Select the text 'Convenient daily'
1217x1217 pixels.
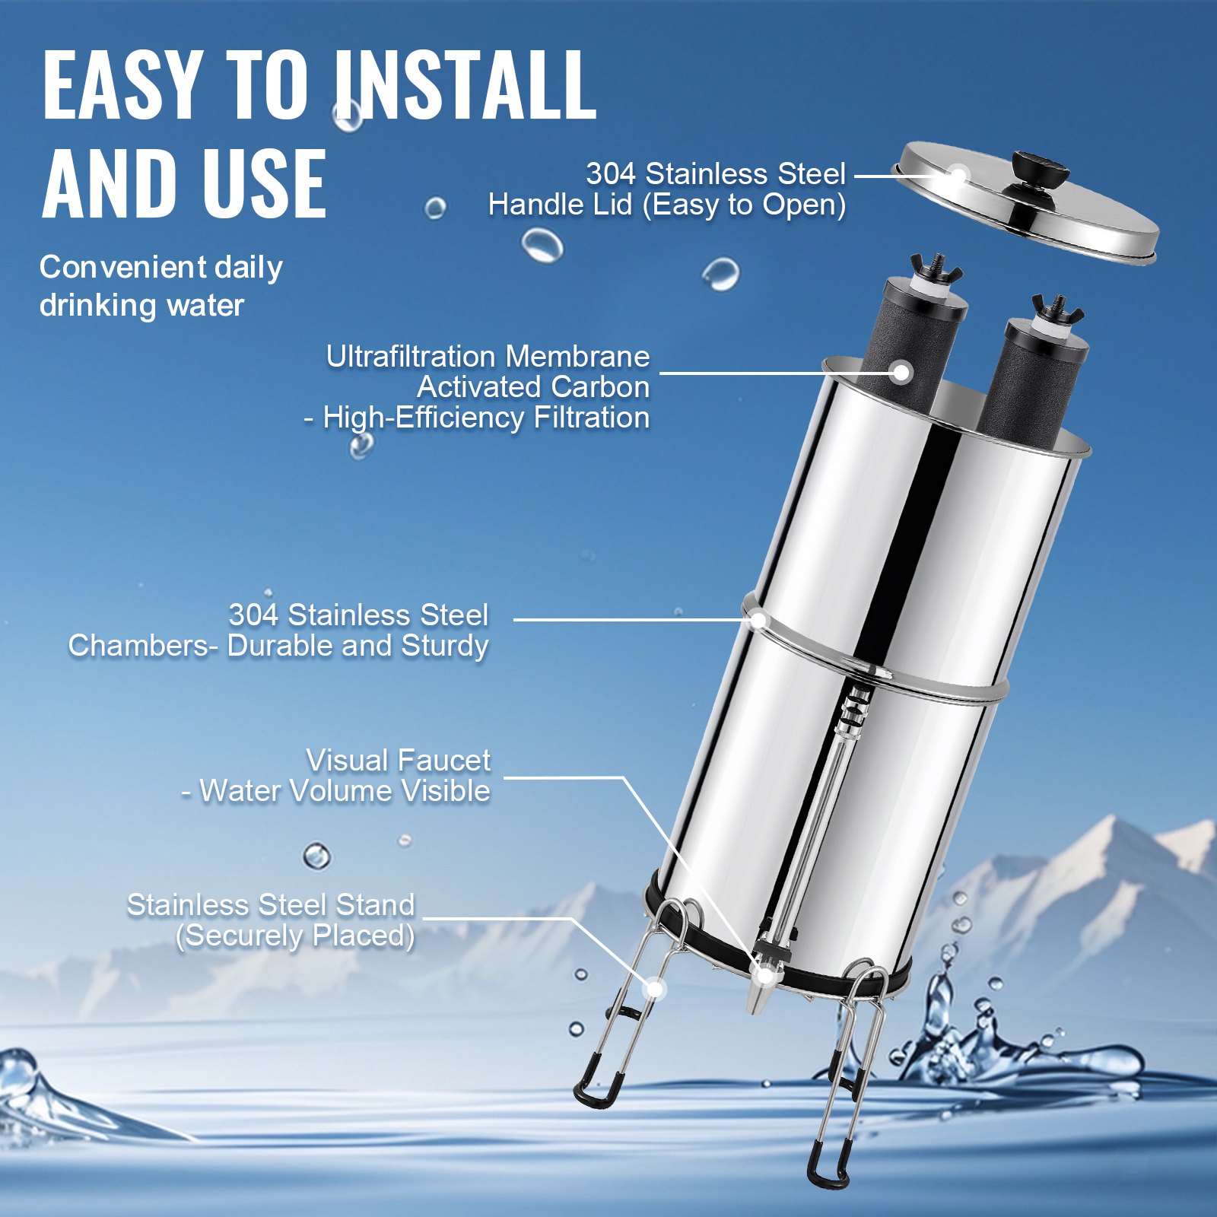(160, 267)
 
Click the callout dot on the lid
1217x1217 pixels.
(958, 176)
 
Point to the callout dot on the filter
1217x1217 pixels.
(901, 373)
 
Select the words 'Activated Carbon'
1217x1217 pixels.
(532, 387)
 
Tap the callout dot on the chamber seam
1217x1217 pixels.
(758, 620)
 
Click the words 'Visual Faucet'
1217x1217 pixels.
(398, 760)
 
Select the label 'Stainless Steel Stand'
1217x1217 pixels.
(270, 905)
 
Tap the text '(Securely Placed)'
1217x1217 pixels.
(295, 936)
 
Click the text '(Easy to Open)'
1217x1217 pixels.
(745, 205)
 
